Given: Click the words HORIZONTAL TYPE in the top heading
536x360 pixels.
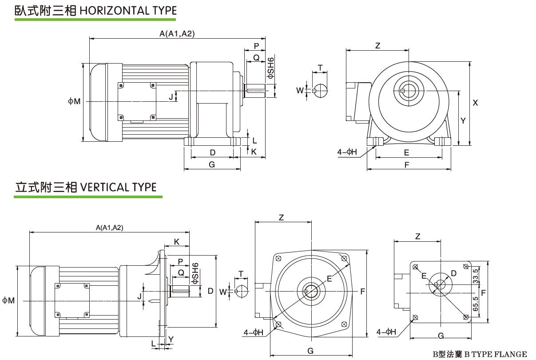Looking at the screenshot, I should [128, 10].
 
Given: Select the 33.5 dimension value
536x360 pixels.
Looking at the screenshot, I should [476, 276].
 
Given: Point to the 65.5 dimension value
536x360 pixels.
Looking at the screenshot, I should [476, 304].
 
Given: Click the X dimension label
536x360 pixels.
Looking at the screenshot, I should [475, 103].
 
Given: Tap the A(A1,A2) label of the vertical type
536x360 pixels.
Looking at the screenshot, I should [110, 228].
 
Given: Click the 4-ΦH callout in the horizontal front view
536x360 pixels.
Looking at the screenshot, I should [347, 152].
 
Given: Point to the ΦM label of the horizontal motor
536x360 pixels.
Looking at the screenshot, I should [74, 101].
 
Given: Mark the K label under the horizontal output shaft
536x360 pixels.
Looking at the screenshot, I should [254, 152].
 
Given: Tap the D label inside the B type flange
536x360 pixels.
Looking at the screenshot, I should [453, 272].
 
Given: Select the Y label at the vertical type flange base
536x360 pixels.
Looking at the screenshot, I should [171, 339].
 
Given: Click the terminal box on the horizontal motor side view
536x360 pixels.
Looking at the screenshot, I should [137, 101].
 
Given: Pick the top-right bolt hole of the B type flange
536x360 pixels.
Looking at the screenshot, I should [465, 267].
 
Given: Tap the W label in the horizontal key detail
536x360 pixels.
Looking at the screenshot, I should [300, 91].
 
